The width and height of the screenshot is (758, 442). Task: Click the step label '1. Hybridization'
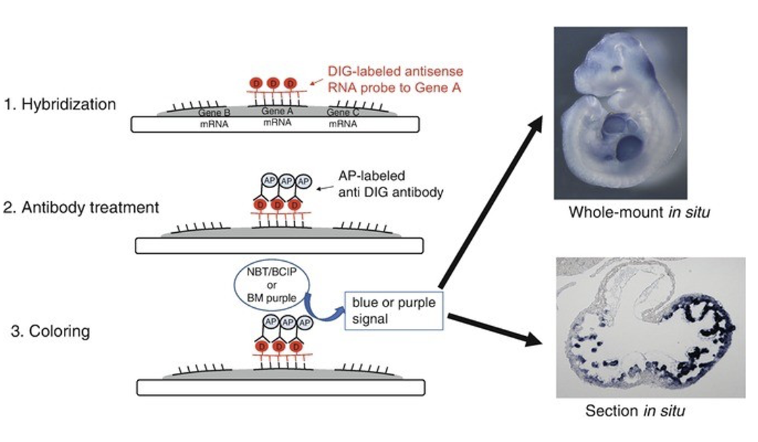(x=60, y=105)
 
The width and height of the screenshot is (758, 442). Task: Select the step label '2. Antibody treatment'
(x=81, y=208)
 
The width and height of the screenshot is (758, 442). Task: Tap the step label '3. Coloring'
(x=50, y=331)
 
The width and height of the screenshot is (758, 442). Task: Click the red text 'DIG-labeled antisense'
(x=395, y=72)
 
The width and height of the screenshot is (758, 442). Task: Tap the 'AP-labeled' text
(x=371, y=176)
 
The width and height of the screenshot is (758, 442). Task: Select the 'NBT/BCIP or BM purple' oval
(x=272, y=285)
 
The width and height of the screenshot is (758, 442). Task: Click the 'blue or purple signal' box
(x=394, y=310)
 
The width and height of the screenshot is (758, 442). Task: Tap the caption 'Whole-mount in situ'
(x=639, y=212)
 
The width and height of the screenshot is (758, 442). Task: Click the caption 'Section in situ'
(x=635, y=410)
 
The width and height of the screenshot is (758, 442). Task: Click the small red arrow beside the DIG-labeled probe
(x=316, y=82)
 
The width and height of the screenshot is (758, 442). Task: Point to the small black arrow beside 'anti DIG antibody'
(x=325, y=188)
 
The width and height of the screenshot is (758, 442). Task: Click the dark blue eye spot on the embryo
(x=617, y=68)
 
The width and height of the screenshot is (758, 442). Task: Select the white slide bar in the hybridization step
(x=275, y=124)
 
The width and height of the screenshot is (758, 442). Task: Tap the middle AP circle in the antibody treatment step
(x=286, y=181)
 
